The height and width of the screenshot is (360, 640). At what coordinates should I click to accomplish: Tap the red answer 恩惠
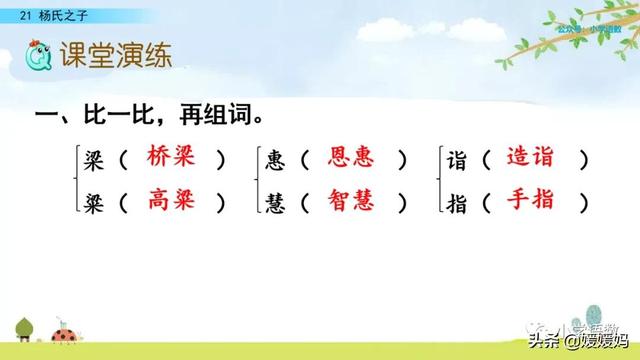coord(351,158)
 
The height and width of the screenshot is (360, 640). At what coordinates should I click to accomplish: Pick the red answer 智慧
coord(351,201)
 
